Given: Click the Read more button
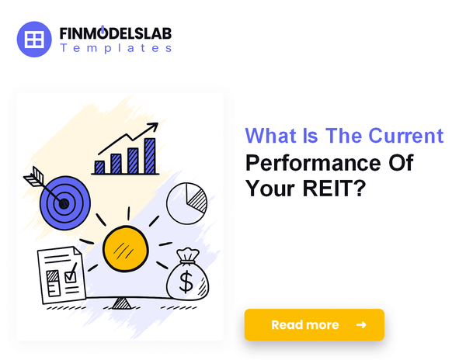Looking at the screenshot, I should point(314,324).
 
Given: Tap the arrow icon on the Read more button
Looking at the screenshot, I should point(360,324).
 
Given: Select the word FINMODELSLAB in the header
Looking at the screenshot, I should point(116,33).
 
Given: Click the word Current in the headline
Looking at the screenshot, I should point(407,137).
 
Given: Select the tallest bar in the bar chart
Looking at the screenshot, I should point(149,155).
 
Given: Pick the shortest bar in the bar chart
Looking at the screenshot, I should point(99,166).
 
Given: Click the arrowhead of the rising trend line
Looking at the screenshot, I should point(156,126).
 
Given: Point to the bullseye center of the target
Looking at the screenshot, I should point(64,204).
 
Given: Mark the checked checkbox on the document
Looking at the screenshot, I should point(71,273).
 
